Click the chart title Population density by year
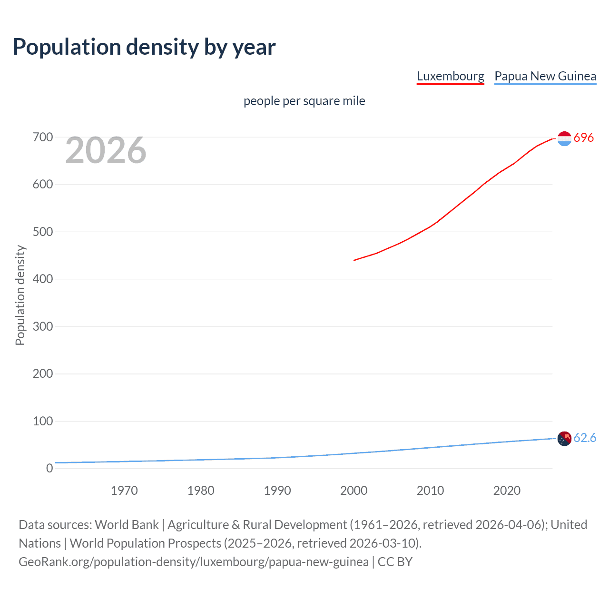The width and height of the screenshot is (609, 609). (x=144, y=47)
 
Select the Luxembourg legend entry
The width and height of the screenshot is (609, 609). (x=450, y=76)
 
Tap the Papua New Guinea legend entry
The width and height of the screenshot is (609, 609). (x=545, y=76)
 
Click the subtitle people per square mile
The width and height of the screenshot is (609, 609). (x=304, y=101)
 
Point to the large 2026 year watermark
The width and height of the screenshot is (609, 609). (x=106, y=150)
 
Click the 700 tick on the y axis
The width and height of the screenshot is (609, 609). (x=43, y=138)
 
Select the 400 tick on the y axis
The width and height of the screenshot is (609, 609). (x=43, y=279)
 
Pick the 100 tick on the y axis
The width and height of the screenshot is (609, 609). (x=43, y=421)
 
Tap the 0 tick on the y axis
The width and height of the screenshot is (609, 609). (x=49, y=468)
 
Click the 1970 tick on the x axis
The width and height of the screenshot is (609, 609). (x=124, y=491)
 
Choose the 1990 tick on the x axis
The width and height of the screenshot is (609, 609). (x=277, y=491)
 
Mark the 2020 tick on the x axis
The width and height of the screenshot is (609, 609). (x=507, y=491)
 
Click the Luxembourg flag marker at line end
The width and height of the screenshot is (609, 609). (x=564, y=138)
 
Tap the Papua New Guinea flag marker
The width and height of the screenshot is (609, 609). (x=564, y=438)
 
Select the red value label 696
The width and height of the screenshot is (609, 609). (x=584, y=138)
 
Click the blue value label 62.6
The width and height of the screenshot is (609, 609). (x=585, y=438)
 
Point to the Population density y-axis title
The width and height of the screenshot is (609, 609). (x=20, y=295)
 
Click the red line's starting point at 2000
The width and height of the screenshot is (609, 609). (x=354, y=260)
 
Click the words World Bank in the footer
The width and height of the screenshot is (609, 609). (x=127, y=525)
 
